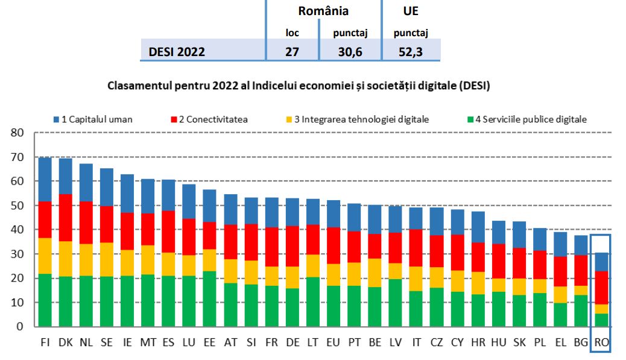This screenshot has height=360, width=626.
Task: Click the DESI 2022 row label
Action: tap(177, 52)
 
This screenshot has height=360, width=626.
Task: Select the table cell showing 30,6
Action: tap(350, 52)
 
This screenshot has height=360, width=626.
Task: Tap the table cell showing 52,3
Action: tap(410, 52)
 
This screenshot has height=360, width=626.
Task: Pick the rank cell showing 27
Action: tap(292, 52)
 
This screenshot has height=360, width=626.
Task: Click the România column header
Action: tap(323, 11)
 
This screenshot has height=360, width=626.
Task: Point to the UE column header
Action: tap(410, 11)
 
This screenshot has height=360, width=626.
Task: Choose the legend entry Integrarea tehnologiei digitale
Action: tap(355, 119)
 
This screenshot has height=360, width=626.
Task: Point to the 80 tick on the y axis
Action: tap(16, 133)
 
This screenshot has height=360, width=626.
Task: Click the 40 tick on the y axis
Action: tap(16, 230)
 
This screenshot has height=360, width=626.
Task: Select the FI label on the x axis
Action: tap(45, 343)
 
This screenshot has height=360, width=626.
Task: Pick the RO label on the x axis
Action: tap(601, 343)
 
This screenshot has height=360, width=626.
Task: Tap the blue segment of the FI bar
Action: tap(45, 179)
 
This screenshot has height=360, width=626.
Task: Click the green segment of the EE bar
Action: tap(210, 298)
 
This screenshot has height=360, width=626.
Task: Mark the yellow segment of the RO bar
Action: tap(602, 309)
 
